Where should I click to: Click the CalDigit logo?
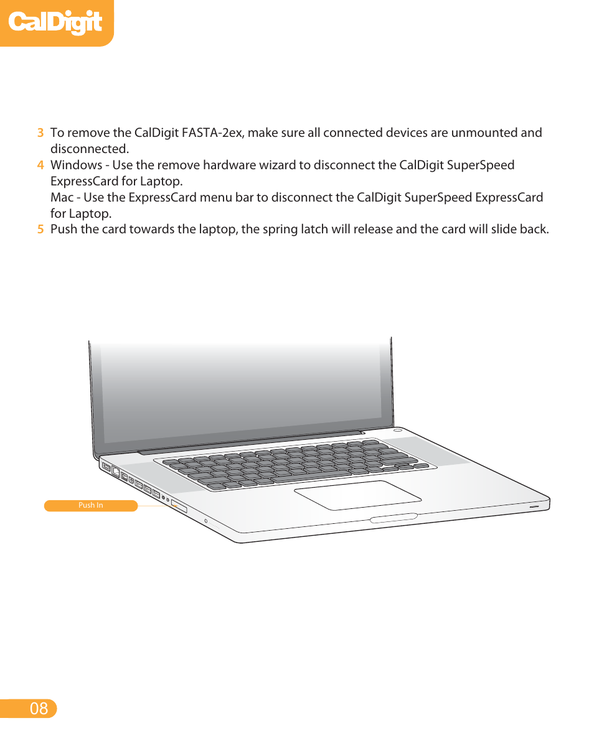55,22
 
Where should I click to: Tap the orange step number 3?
40,133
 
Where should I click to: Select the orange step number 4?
40,165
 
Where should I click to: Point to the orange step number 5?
40,229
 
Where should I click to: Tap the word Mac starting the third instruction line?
61,197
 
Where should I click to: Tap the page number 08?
39,708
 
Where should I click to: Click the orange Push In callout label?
91,506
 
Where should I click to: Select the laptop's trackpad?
357,495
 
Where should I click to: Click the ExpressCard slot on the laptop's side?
179,506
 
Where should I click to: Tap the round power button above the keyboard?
398,430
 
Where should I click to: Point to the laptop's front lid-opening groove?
394,518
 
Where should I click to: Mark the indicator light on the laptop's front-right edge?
534,507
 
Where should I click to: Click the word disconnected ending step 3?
88,149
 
